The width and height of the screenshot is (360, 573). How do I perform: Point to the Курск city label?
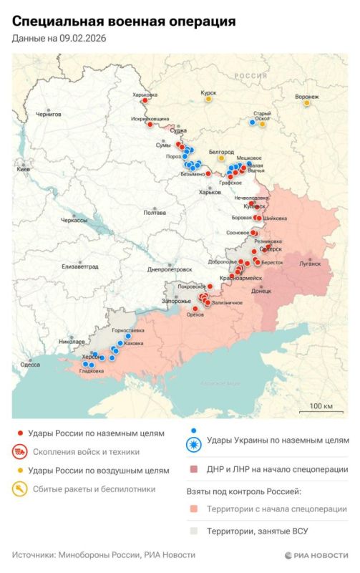[208, 92]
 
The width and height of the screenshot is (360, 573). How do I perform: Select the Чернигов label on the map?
[49, 114]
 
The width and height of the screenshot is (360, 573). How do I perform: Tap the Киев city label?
[23, 169]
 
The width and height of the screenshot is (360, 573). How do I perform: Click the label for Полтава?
[155, 212]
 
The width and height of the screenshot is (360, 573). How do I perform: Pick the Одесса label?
[30, 365]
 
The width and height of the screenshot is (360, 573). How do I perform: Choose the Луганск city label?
[310, 263]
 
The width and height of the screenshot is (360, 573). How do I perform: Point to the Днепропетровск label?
[170, 269]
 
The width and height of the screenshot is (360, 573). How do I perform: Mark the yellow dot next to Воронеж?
[306, 104]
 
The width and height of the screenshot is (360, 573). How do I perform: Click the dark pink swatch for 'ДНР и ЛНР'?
[193, 470]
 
